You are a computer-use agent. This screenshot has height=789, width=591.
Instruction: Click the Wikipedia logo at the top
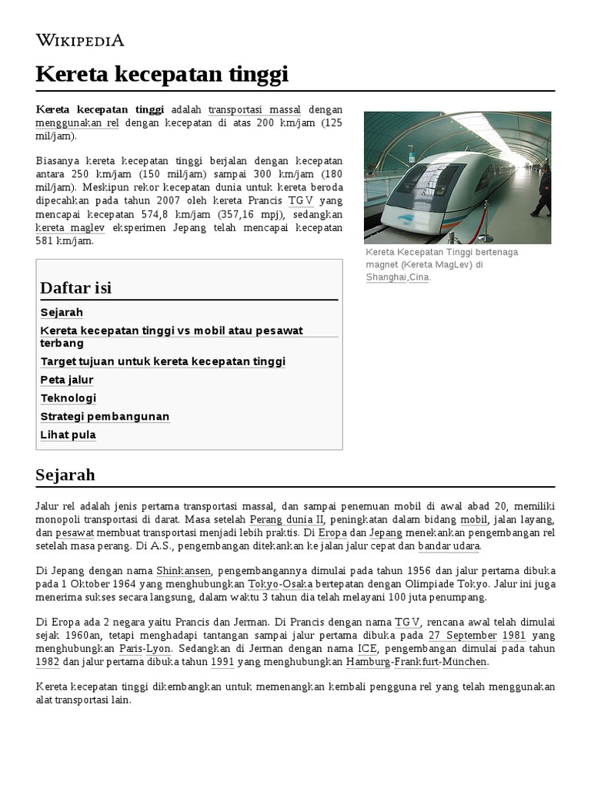pos(80,41)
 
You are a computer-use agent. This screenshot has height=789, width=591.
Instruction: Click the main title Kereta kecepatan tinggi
pos(162,74)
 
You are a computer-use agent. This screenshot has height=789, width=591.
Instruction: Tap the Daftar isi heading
pos(75,287)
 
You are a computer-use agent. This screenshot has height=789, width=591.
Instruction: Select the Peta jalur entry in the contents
pos(67,380)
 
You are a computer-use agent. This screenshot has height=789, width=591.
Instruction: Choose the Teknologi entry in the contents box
pos(68,398)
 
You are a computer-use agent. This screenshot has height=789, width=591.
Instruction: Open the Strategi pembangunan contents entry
pos(105,417)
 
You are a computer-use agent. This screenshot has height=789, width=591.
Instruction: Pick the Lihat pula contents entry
pos(68,435)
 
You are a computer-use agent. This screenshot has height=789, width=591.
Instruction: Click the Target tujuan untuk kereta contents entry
pos(162,361)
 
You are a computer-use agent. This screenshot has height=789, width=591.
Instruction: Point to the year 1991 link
pos(222,662)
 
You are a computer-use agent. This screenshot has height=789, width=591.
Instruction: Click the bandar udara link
pos(449,546)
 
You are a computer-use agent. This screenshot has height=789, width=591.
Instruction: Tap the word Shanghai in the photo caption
pos(386,277)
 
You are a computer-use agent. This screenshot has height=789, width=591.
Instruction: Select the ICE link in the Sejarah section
pos(367,649)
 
